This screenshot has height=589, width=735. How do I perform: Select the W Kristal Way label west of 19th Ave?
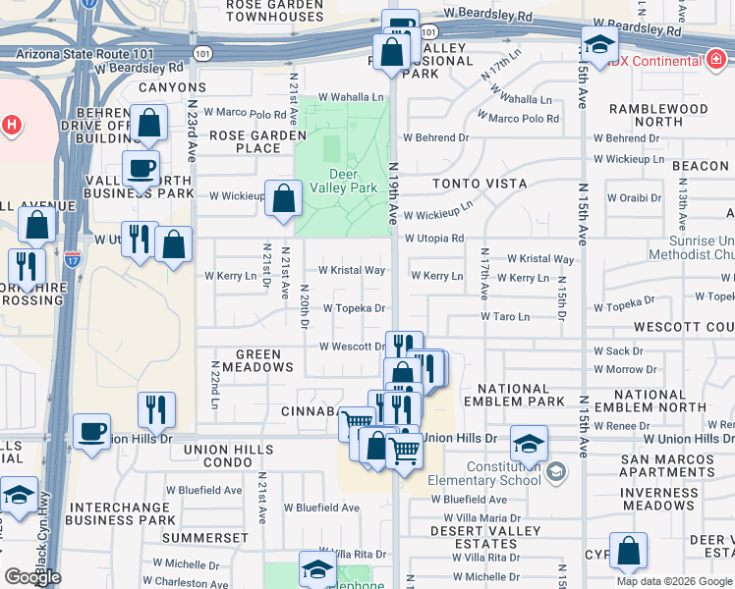(x=351, y=270)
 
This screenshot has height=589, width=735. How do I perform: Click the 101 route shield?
(x=201, y=53)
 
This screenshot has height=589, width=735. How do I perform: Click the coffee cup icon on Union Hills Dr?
(x=92, y=432)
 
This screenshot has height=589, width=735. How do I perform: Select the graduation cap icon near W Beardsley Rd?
(x=598, y=43)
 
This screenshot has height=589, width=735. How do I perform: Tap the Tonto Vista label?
(x=479, y=184)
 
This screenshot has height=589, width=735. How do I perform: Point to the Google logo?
(x=32, y=577)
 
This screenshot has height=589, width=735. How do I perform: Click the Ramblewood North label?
(x=657, y=115)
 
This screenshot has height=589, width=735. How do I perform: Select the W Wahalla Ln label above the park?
(x=351, y=98)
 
